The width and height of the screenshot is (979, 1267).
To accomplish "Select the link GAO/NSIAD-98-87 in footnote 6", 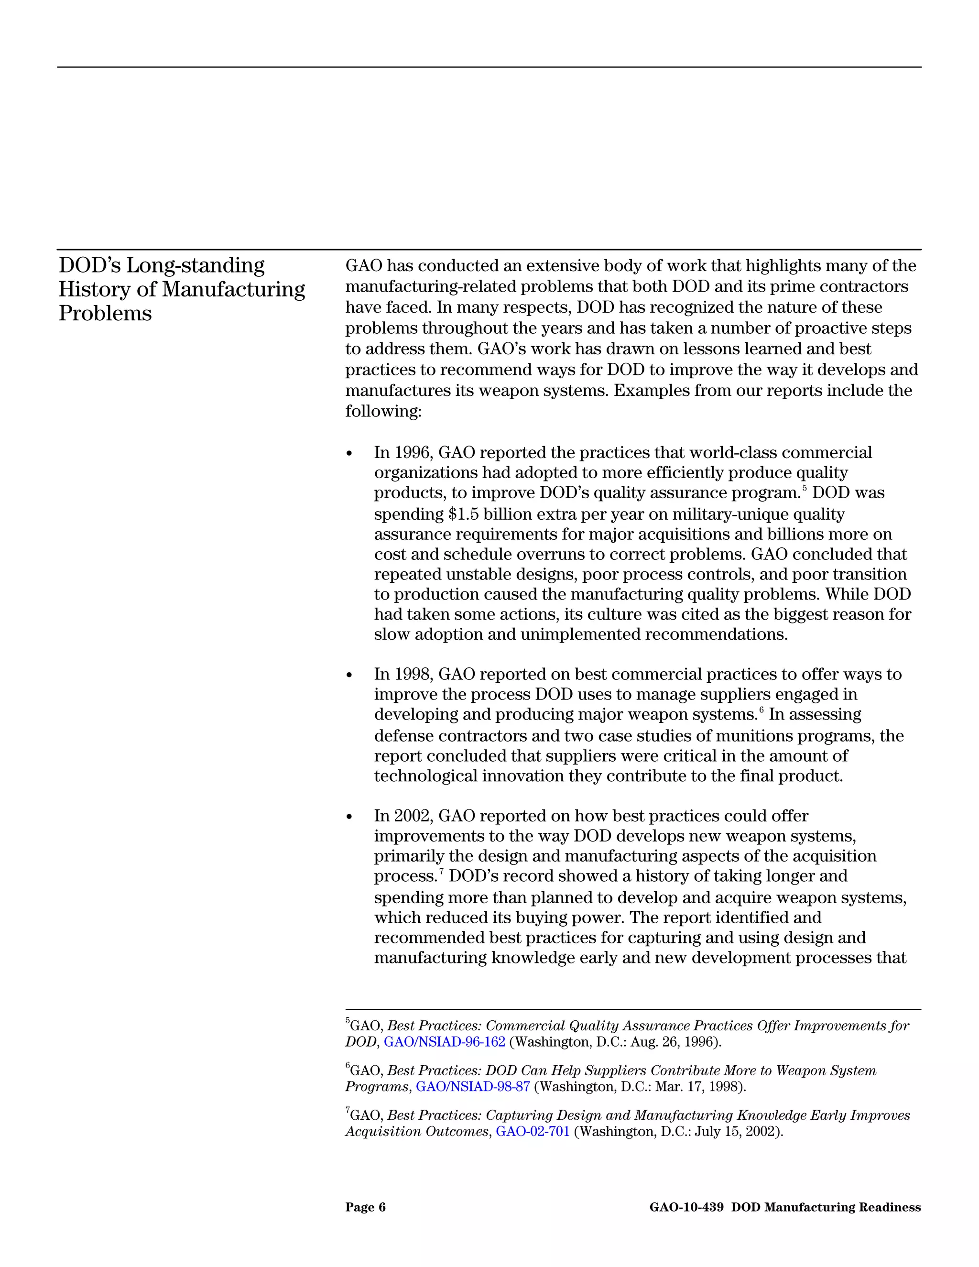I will click(x=473, y=1087).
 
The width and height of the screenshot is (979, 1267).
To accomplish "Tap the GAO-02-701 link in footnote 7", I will click(x=533, y=1131).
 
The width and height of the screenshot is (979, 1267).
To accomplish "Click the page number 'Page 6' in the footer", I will click(x=365, y=1207).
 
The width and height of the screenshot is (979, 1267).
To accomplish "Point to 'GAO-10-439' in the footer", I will click(x=686, y=1207).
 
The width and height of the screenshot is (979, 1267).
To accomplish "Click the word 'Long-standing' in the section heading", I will click(x=196, y=266).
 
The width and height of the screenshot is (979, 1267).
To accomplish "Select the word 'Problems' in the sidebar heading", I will click(x=105, y=313).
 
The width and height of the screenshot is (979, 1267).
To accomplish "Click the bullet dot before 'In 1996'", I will click(x=348, y=454).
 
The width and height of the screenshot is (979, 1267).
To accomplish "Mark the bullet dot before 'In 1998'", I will click(x=348, y=675).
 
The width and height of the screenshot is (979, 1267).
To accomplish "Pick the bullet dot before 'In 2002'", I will click(x=348, y=817).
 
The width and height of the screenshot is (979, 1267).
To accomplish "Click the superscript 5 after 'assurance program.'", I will click(x=805, y=489).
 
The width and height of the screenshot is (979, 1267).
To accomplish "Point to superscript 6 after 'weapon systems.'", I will click(x=761, y=710).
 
